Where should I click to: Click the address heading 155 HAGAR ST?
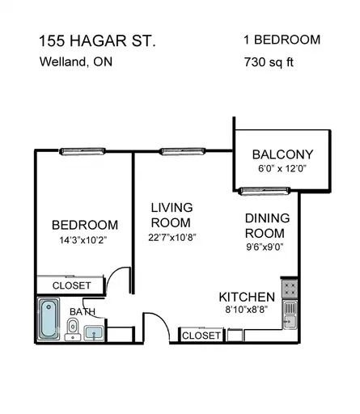[97, 41]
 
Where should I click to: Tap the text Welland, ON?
[76, 61]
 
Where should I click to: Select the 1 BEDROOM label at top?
[282, 40]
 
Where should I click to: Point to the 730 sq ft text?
[269, 62]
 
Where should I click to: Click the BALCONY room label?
[282, 154]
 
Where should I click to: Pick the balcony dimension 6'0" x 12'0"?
[282, 169]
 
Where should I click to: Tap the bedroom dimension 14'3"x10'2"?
[83, 240]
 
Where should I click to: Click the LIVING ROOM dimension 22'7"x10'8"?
[172, 238]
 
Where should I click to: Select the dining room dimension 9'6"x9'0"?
[265, 247]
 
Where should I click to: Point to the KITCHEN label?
[247, 297]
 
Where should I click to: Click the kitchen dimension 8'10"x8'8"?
[247, 310]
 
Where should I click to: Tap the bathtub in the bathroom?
[49, 319]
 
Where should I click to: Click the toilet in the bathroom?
[73, 329]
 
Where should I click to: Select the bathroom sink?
[94, 333]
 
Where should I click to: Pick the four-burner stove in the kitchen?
[290, 289]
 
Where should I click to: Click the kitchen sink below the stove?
[290, 315]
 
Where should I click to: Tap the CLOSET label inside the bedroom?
[71, 285]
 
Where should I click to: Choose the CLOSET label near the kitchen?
[201, 336]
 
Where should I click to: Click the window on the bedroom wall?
[83, 151]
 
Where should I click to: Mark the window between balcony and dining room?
[265, 191]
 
